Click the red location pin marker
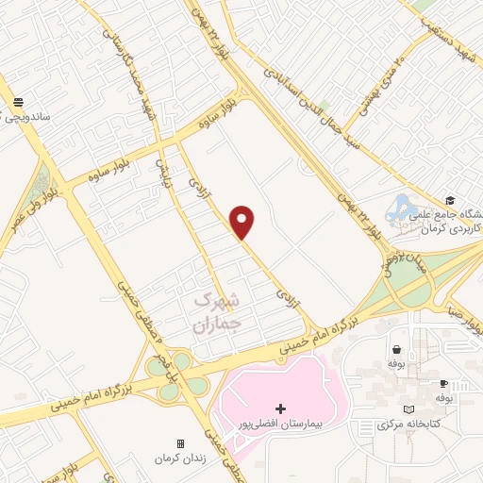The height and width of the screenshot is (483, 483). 243,222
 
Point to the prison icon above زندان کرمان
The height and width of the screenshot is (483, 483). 180,442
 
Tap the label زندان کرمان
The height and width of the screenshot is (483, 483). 180,458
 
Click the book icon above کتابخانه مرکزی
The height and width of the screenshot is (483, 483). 408,409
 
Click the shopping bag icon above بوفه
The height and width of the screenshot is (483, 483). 393,347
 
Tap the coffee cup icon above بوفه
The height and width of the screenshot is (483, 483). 442,384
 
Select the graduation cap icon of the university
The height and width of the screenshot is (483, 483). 451,201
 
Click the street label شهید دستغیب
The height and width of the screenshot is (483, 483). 444,24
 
